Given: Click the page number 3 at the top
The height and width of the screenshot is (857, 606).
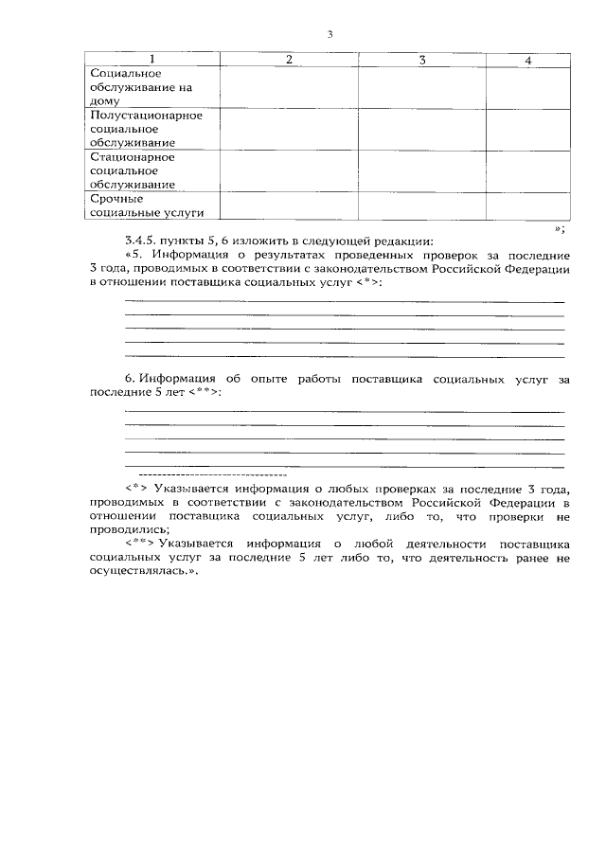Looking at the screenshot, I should (330, 35).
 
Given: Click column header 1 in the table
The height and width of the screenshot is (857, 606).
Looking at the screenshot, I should (152, 60).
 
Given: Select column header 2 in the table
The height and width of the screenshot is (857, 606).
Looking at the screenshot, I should (289, 60).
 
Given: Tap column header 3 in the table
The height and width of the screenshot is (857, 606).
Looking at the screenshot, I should (421, 60).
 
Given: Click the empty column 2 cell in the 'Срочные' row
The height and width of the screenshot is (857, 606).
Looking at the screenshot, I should (289, 205).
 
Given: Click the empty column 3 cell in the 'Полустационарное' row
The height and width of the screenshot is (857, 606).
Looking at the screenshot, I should (421, 129).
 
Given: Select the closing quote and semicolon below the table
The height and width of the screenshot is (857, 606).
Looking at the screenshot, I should (560, 227).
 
